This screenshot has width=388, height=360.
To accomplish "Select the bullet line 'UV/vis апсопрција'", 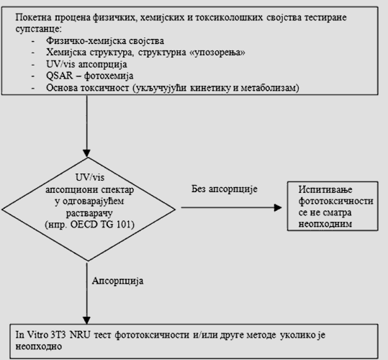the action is tap(86, 64).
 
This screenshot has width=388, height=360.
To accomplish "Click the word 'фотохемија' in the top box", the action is tap(109, 76).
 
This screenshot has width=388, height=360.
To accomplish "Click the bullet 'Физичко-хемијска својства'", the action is tap(105, 41).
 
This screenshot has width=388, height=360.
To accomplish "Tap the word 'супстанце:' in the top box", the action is tap(38, 30).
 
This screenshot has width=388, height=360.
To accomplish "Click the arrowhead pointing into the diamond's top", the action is tap(86, 153).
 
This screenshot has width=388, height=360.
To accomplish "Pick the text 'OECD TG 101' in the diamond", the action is tap(101, 225).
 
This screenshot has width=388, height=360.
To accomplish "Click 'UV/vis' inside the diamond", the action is tap(90, 177).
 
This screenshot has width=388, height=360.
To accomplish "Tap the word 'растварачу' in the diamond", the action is tap(89, 213).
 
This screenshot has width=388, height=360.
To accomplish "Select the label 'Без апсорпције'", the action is tap(225, 189).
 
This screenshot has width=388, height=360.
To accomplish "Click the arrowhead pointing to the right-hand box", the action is tap(278, 207).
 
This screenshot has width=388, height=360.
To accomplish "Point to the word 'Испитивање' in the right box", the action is tap(325, 190).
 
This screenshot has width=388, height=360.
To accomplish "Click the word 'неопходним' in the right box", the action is tap(325, 224).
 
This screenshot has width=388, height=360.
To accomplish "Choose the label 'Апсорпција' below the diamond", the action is tap(118, 281).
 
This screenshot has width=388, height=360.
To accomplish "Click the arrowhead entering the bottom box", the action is tap(86, 320).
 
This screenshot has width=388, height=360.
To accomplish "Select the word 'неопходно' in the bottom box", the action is tap(39, 346).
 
